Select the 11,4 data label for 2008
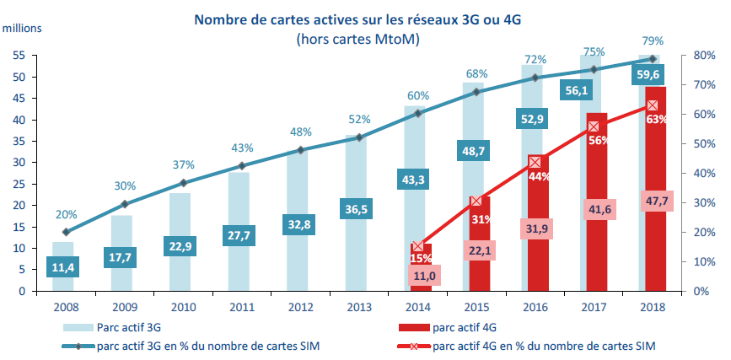point(62,267)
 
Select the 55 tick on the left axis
point(19,56)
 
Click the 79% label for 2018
point(653,40)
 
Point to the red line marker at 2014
point(418,246)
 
